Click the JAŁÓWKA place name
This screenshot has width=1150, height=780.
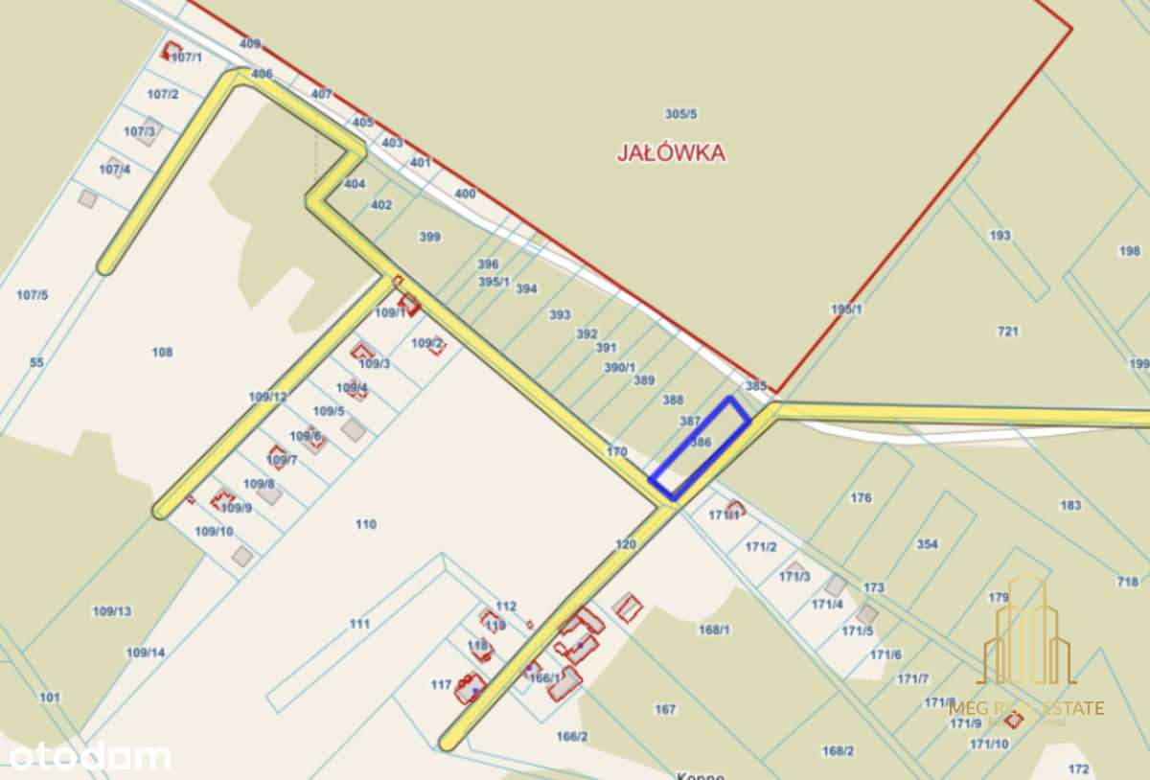click(x=671, y=152)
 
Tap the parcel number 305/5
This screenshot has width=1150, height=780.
click(x=681, y=114)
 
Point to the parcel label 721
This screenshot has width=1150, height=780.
click(x=1007, y=332)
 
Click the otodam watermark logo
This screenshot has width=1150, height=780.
click(x=89, y=756)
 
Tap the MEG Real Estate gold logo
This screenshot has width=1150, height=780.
click(x=1026, y=652)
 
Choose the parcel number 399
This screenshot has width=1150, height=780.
click(x=430, y=237)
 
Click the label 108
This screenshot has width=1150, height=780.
click(x=162, y=352)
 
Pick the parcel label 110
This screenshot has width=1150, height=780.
click(x=365, y=524)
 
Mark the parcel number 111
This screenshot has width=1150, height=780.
click(x=359, y=624)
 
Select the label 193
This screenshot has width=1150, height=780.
click(x=1000, y=236)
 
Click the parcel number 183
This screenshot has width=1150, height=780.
click(x=1070, y=505)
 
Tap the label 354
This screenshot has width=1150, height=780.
click(x=927, y=544)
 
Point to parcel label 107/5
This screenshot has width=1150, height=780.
click(x=32, y=294)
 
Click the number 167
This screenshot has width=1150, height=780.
click(x=665, y=709)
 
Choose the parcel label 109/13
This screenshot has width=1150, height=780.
click(x=112, y=610)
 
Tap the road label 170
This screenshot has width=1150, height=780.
click(x=616, y=450)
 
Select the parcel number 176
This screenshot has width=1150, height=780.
click(x=861, y=497)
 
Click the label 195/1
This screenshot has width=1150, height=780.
click(x=846, y=309)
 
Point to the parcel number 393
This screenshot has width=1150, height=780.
click(x=560, y=314)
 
